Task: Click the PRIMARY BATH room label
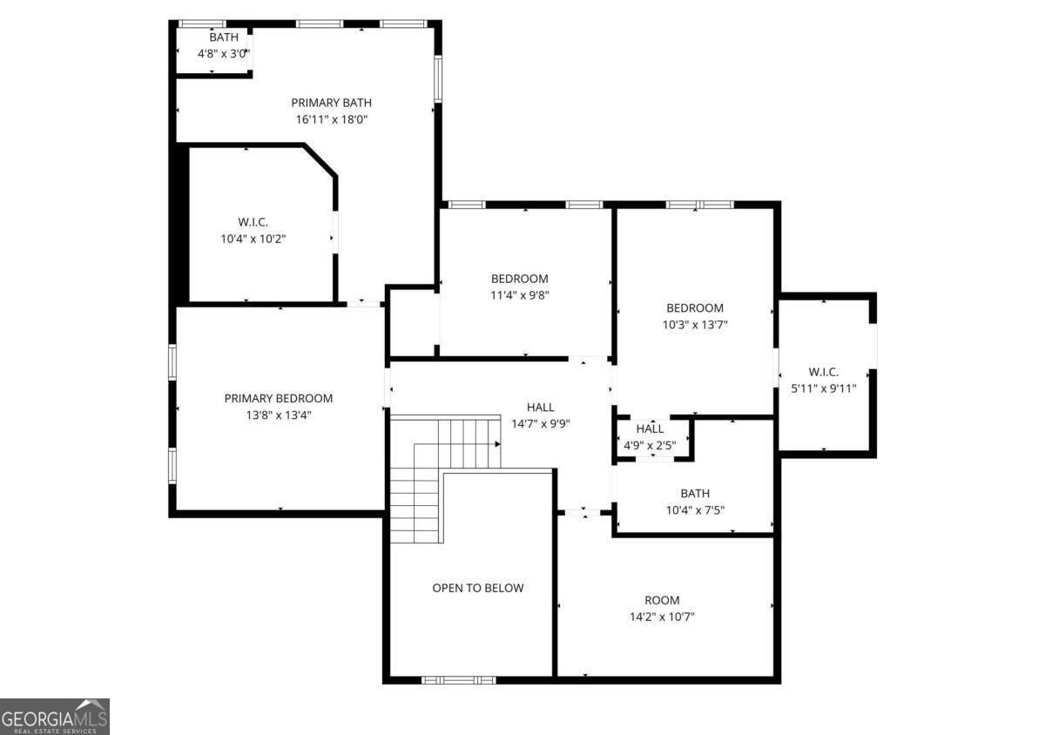(331, 103)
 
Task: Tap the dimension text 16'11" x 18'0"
(331, 120)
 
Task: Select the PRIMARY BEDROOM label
(279, 398)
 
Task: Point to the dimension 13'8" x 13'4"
(279, 415)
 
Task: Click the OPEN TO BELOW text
(478, 588)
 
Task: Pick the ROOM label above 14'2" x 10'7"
(662, 600)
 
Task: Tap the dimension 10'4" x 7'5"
(695, 510)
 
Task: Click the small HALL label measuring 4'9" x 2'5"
(650, 428)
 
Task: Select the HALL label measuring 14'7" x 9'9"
(540, 407)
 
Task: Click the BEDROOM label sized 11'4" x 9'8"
(520, 279)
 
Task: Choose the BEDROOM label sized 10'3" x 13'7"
(695, 307)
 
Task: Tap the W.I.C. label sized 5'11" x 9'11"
(823, 372)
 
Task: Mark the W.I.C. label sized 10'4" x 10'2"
(253, 221)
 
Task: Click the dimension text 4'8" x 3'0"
(224, 53)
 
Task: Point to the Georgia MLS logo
(55, 716)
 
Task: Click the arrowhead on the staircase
(497, 444)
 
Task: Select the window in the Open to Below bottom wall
(459, 679)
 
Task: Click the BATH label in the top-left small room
(224, 37)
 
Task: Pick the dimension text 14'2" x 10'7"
(662, 617)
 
